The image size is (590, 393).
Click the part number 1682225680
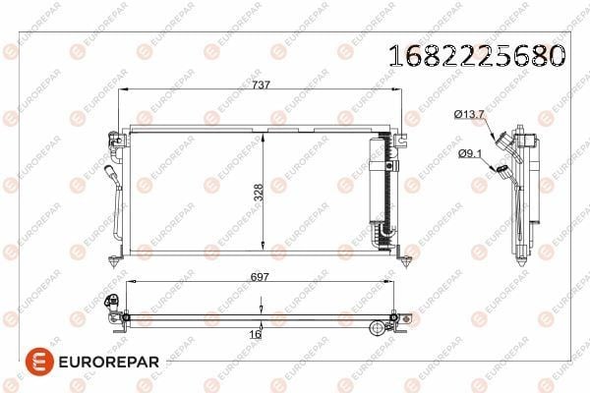tap(477, 56)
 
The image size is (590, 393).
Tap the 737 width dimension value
tap(262, 85)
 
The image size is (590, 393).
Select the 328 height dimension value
tap(258, 193)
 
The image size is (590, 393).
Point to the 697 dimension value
tap(260, 277)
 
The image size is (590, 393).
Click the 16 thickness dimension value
tap(255, 334)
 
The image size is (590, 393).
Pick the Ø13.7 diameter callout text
tap(469, 114)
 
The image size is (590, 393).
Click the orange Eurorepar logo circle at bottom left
tap(39, 362)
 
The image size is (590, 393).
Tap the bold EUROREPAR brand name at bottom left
tap(109, 362)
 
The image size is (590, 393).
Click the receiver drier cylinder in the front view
tap(377, 181)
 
